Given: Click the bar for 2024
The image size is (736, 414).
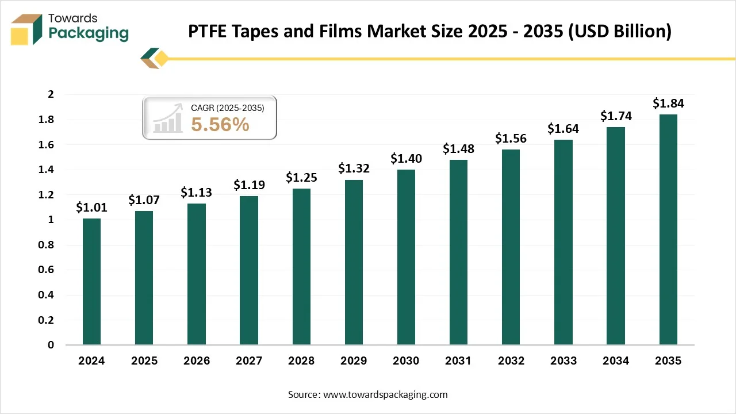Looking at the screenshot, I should [x=91, y=282].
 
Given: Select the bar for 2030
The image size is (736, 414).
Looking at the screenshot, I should [x=406, y=257].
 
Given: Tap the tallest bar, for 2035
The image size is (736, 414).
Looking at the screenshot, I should [x=668, y=229].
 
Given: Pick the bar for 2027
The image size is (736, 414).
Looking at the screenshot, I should [x=249, y=270].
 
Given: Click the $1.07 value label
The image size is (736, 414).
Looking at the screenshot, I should [x=144, y=200].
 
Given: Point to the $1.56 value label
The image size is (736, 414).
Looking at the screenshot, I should [x=511, y=139].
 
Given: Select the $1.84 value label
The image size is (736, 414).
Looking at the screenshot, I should [x=668, y=103].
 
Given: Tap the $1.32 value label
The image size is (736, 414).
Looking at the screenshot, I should [x=354, y=168].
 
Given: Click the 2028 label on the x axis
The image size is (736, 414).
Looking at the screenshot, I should [x=301, y=361].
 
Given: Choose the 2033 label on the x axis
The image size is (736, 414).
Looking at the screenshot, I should [x=563, y=361].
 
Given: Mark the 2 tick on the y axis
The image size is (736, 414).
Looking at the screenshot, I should [x=51, y=94].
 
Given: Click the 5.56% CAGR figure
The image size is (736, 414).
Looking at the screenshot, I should [x=220, y=124].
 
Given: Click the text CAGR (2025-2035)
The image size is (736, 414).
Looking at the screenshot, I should [x=228, y=107].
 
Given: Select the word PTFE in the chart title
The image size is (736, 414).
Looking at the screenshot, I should [x=209, y=32].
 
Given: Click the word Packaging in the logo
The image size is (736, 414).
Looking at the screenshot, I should [x=89, y=34].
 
